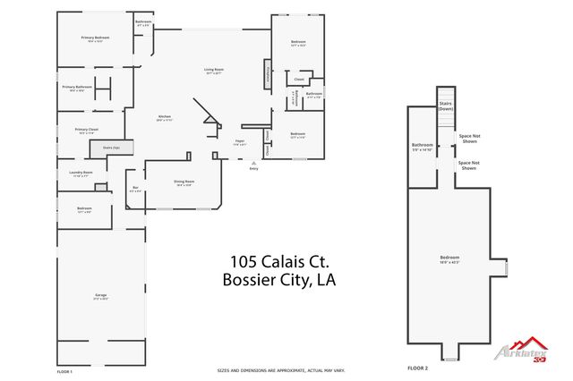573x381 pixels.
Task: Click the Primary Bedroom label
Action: [95, 38]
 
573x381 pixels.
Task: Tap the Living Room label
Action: [213, 71]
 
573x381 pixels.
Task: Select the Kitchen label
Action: [165, 118]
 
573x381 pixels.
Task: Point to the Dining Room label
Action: [184, 182]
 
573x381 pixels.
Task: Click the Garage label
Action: [100, 296]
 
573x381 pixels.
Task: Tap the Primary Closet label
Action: [87, 131]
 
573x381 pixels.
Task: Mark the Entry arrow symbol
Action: [253, 164]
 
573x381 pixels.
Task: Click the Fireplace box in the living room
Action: [267, 73]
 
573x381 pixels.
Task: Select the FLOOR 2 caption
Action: [418, 368]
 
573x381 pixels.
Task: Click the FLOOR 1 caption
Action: [64, 370]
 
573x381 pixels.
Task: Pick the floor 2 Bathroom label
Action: [423, 147]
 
